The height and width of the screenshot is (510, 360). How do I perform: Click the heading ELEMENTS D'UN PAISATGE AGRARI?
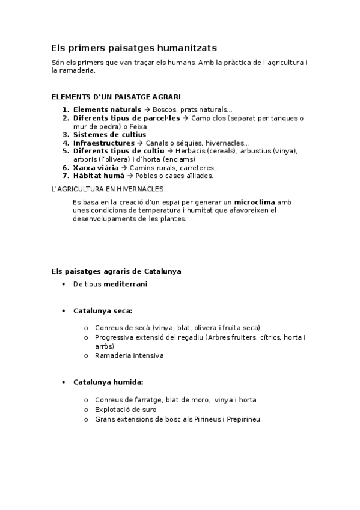(116, 96)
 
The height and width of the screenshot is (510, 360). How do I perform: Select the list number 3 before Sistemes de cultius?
(66, 135)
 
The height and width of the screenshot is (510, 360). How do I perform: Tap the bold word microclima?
(255, 202)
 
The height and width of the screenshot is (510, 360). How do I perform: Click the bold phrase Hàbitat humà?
(99, 176)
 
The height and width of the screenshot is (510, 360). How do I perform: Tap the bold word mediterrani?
(125, 284)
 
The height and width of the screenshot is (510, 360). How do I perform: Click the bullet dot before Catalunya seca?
(64, 311)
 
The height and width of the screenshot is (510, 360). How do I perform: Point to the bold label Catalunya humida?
(108, 382)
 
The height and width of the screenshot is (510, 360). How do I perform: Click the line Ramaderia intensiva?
(129, 355)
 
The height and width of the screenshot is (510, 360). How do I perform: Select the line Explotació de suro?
(125, 410)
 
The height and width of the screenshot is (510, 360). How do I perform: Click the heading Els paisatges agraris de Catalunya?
(116, 271)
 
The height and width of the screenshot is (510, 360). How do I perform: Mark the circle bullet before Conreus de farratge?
(87, 400)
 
